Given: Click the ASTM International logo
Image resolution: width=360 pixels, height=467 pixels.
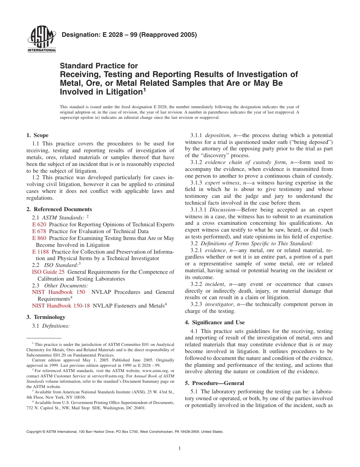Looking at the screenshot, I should coord(41,40).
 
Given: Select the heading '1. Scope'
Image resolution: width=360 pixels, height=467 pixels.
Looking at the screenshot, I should coord(38,135).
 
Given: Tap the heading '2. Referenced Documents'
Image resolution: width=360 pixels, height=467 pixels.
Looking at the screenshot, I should coord(59,209).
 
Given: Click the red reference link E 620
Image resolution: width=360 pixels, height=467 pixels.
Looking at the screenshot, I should coord(39,224).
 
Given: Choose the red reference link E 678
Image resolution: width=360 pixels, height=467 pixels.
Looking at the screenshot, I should coord(39,231).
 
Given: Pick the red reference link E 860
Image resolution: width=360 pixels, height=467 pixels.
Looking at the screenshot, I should coord(39,238).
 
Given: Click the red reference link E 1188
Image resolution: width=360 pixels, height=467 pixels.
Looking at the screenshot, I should coord(41,252).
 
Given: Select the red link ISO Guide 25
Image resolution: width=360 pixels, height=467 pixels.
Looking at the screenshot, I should coord(48,272).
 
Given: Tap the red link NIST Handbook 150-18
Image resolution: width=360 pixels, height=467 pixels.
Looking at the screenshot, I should coord(61,306).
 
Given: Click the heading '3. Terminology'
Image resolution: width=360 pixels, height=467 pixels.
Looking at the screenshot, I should coord(46,317).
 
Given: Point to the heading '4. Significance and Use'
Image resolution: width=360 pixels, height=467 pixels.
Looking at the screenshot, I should coord(215,322).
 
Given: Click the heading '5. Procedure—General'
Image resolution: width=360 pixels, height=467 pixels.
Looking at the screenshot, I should coord(214,383).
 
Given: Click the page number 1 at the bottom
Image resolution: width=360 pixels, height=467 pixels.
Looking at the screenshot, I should coord(180,448).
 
